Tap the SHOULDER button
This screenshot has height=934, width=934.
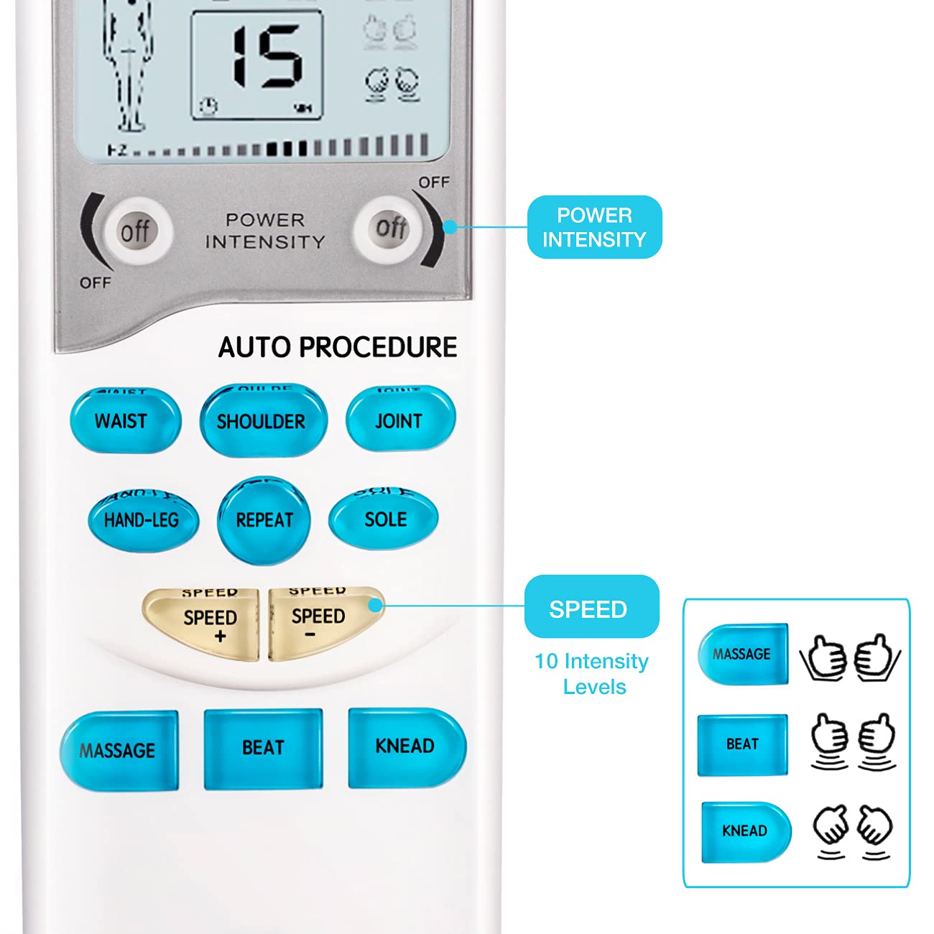click(263, 421)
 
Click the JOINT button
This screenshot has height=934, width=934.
click(400, 420)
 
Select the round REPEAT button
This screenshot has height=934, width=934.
click(264, 519)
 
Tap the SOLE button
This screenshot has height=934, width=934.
click(384, 518)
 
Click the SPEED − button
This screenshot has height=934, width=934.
click(320, 622)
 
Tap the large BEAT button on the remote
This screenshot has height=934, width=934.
click(263, 748)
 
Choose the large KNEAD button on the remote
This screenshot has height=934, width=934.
click(406, 746)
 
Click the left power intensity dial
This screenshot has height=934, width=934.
click(135, 231)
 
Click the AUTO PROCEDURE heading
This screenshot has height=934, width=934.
click(338, 347)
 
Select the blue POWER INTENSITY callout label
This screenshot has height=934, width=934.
click(594, 227)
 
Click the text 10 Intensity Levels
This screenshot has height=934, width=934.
click(592, 674)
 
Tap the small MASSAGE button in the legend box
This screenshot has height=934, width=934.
click(743, 654)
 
